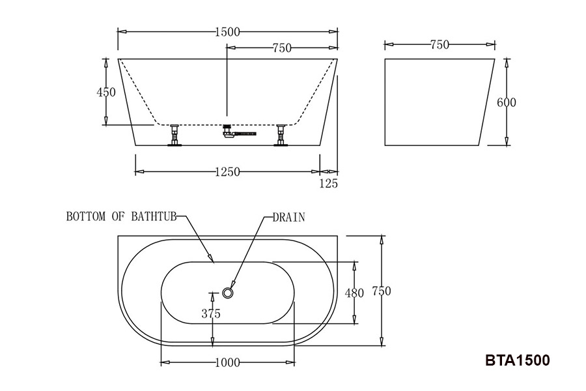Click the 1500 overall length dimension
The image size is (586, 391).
[228, 32]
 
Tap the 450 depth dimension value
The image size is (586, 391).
[106, 92]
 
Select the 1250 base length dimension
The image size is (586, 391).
[228, 172]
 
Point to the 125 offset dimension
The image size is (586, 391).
[329, 183]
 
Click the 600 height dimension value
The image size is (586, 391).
[507, 102]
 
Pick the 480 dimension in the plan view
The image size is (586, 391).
[354, 293]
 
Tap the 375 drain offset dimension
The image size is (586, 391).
[211, 313]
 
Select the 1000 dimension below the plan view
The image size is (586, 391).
[228, 362]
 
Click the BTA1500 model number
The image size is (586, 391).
[518, 360]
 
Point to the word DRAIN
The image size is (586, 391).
[289, 217]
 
